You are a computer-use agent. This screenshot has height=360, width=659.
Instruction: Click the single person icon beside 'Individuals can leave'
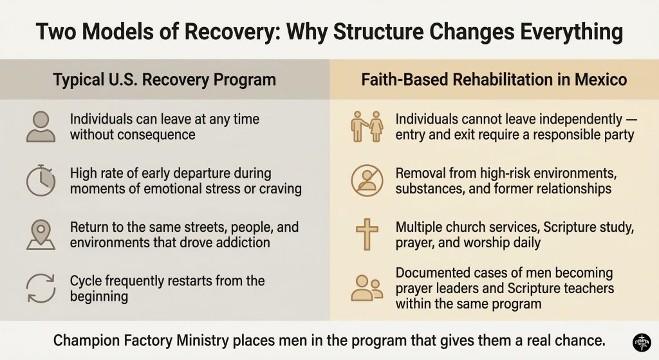click(41, 126)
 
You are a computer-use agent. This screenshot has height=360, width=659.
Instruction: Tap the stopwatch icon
click(41, 181)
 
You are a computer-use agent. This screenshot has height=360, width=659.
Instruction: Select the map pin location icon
click(41, 234)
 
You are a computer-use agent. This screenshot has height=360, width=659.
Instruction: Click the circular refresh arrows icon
click(41, 288)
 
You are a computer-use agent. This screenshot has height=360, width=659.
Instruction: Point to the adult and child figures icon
click(367, 126)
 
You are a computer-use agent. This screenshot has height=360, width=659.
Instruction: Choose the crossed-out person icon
click(367, 181)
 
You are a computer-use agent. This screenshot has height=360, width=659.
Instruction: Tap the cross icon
click(367, 234)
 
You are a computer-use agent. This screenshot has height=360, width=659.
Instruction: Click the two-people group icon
click(367, 288)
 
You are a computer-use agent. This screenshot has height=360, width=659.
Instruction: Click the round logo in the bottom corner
click(642, 342)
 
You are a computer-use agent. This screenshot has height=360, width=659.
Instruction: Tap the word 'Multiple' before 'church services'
click(419, 229)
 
